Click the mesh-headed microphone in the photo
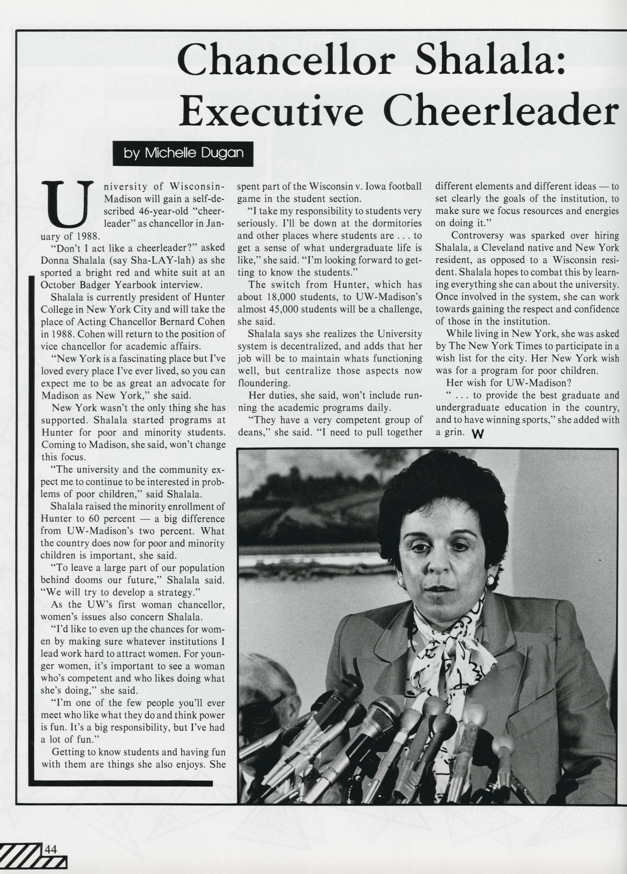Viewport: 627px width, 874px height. coord(382,712)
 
